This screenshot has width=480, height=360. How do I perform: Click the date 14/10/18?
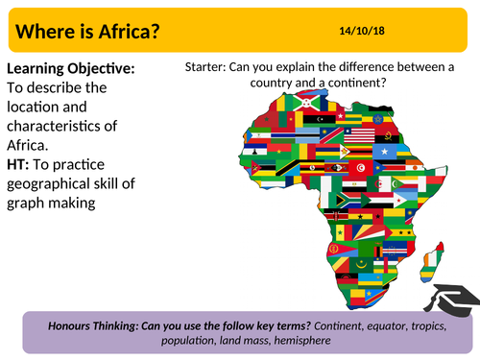click(x=363, y=31)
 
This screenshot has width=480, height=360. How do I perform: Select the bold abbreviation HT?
click(x=20, y=160)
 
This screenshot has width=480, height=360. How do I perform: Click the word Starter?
click(x=209, y=67)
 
